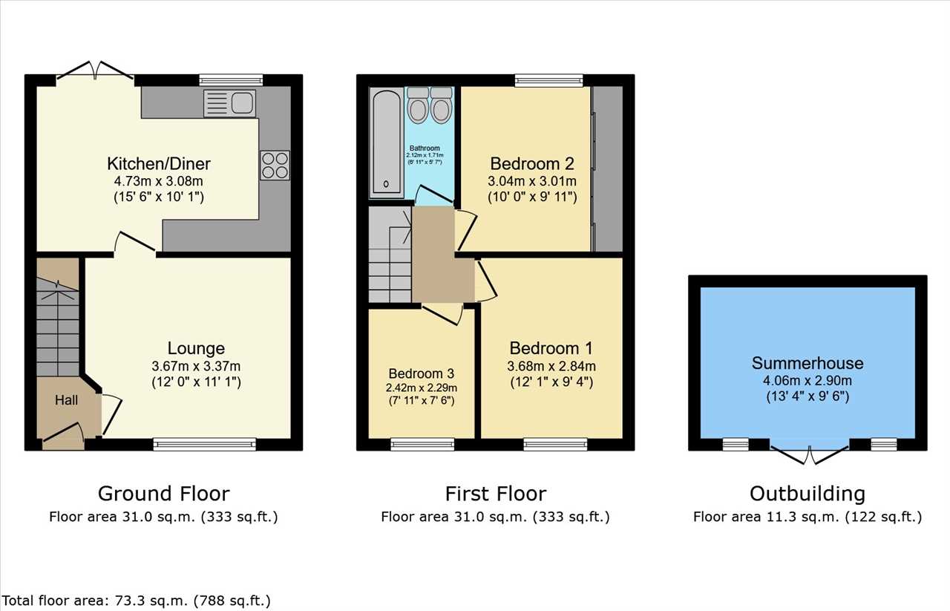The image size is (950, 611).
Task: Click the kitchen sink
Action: pos(229,103)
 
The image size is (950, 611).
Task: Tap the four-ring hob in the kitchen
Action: pos(275,165)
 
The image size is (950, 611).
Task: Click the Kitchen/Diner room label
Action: pos(159,163)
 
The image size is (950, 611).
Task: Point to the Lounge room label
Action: pos(196,348)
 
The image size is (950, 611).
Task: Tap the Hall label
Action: pos(66,399)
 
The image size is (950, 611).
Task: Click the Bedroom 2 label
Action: pos(532,163)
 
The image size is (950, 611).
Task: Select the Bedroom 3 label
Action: pos(421,373)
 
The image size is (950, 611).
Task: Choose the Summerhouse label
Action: pos(807,363)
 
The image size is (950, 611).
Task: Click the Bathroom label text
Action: pos(425,148)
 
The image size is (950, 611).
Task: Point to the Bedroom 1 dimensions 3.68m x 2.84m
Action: pos(551,366)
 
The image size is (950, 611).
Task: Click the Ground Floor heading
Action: pos(164,494)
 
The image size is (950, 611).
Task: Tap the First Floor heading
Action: pos(496,494)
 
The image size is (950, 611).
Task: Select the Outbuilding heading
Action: pos(807,494)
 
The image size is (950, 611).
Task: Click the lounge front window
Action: pos(204,444)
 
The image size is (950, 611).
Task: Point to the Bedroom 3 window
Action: pos(422,444)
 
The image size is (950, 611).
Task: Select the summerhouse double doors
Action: pos(810,455)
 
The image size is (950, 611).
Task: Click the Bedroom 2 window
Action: pos(548,81)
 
